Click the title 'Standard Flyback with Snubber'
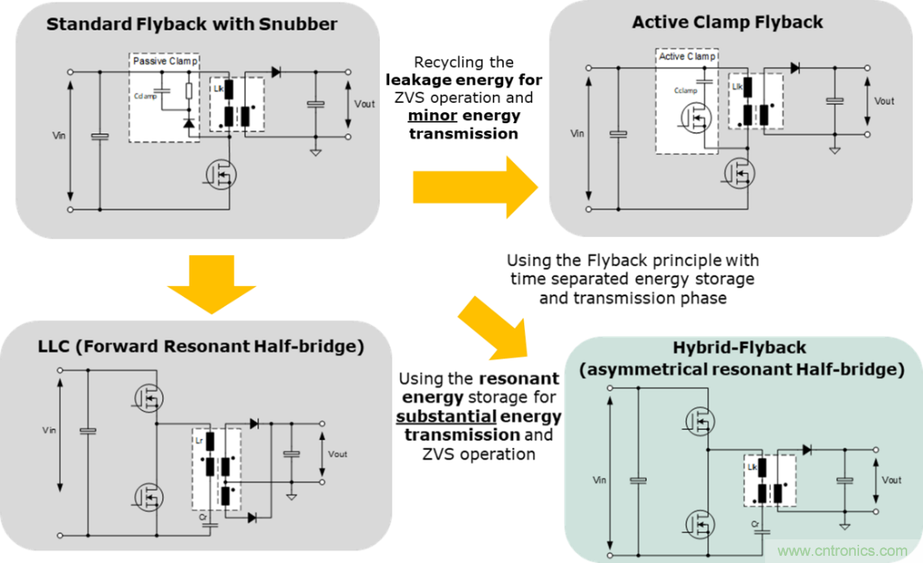(x=192, y=24)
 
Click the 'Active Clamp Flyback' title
(x=727, y=22)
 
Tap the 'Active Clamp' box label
(x=685, y=56)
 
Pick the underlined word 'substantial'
(x=446, y=416)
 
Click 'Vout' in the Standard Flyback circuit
(x=364, y=103)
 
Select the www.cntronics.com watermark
(x=842, y=550)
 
